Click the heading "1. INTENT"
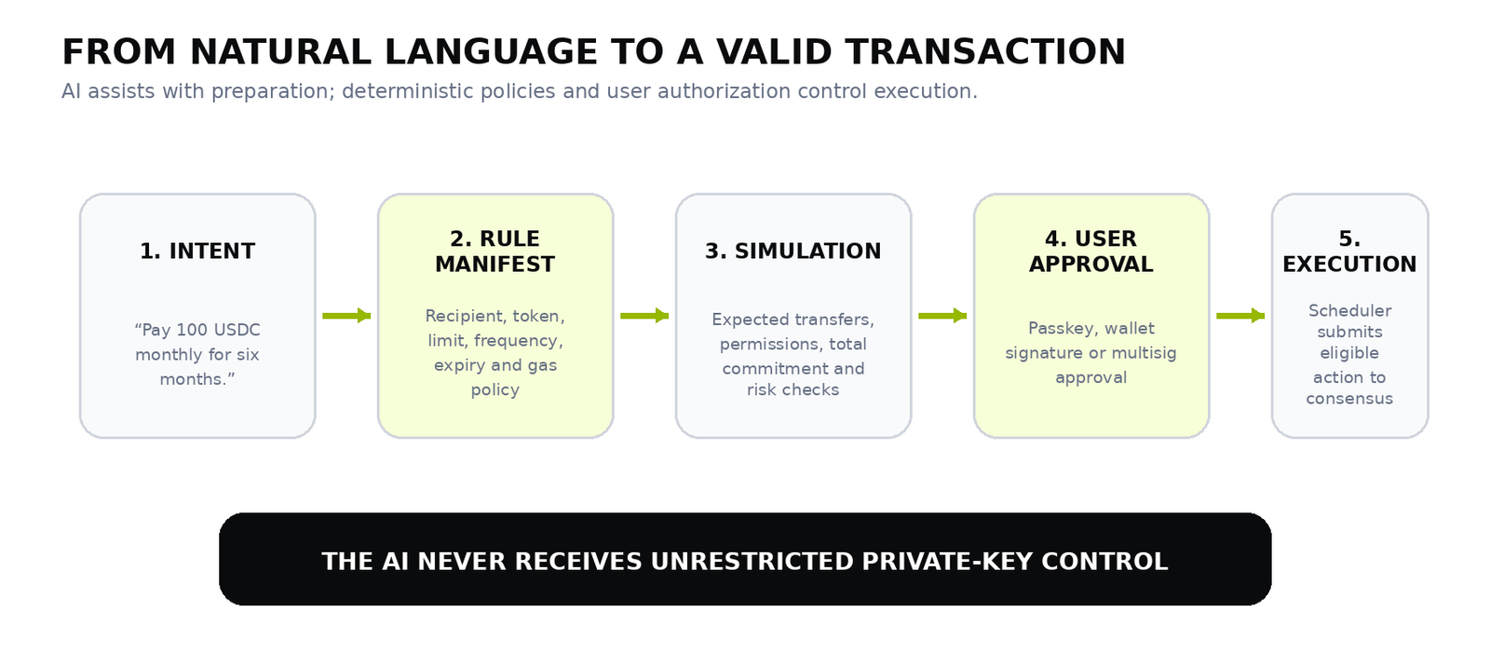click(196, 251)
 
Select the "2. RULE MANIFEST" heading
click(494, 251)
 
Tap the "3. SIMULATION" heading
click(792, 251)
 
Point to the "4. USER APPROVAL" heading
click(1090, 251)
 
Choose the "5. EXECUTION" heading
click(1349, 251)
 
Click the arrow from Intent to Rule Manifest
click(346, 316)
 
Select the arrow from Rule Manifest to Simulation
click(644, 316)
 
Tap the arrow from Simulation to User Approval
click(942, 316)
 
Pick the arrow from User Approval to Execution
click(1240, 316)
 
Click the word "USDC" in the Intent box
click(237, 330)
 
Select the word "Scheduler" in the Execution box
click(1349, 311)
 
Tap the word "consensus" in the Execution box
click(1349, 400)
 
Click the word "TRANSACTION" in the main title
click(986, 52)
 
